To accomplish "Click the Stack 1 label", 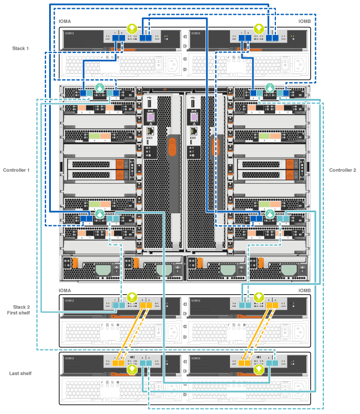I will (20, 49).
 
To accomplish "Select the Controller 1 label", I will (16, 170).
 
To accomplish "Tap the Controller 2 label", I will (343, 170).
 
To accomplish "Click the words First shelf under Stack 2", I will (19, 313).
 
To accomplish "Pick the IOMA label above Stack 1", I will (64, 21).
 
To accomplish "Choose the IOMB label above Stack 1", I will (304, 21).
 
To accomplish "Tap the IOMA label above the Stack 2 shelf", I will (64, 290).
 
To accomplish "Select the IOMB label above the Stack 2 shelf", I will (304, 290).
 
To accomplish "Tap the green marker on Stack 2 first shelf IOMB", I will (257, 298).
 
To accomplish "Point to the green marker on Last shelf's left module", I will (131, 370).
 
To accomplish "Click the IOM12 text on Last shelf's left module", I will (69, 358).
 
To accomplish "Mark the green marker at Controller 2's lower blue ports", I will (269, 212).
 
